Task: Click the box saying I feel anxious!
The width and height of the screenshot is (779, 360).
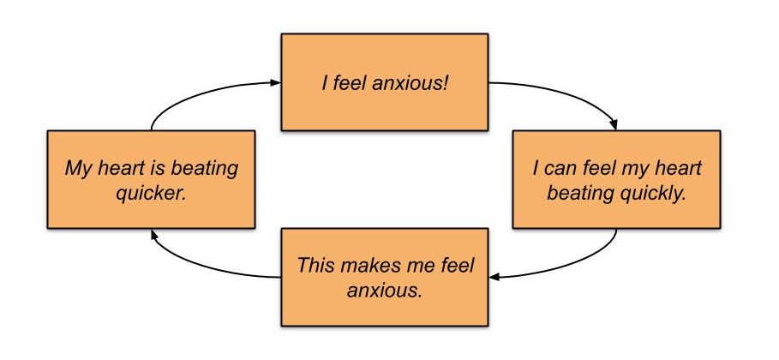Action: coord(385,81)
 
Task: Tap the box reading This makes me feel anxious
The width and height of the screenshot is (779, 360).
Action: coord(385,277)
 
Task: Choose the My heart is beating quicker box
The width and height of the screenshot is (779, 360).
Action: coord(152,179)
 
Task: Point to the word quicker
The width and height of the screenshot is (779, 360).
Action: coord(151,192)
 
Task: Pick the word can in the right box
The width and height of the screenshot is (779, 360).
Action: coord(566,167)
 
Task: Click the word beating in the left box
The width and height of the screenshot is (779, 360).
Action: coord(204,167)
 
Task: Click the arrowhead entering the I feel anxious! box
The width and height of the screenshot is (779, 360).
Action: coord(275,82)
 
